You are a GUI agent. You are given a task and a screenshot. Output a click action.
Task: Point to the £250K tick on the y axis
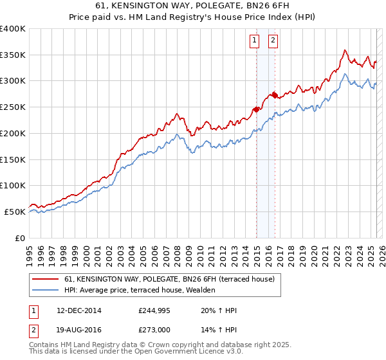13,107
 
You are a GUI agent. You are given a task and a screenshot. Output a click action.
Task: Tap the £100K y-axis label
13,185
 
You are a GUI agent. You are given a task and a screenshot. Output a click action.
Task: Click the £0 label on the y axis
19,238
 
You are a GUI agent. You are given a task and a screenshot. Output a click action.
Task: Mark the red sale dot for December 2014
256,109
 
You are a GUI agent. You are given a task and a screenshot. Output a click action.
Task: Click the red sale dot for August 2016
275,94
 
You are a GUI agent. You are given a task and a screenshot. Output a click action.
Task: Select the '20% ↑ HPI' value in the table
219,310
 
